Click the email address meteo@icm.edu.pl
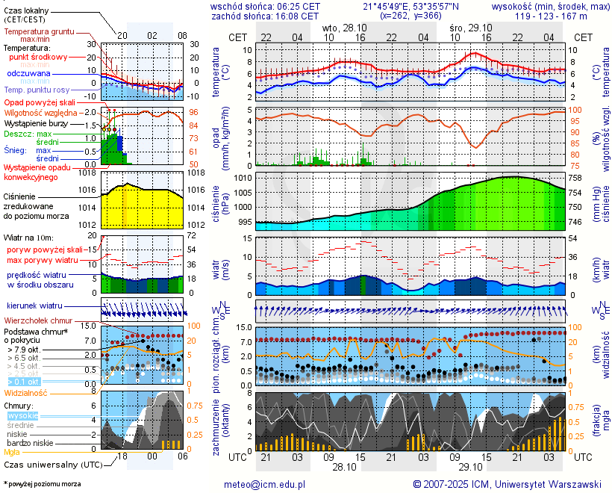(265, 484)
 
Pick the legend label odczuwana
(28, 74)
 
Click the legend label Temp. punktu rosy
(37, 90)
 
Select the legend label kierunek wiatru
(34, 306)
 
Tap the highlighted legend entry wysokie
(22, 415)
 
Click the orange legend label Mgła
(12, 452)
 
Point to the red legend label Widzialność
(26, 392)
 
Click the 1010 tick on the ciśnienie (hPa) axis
(243, 178)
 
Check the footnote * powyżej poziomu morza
(42, 484)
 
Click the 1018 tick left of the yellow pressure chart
(88, 173)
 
